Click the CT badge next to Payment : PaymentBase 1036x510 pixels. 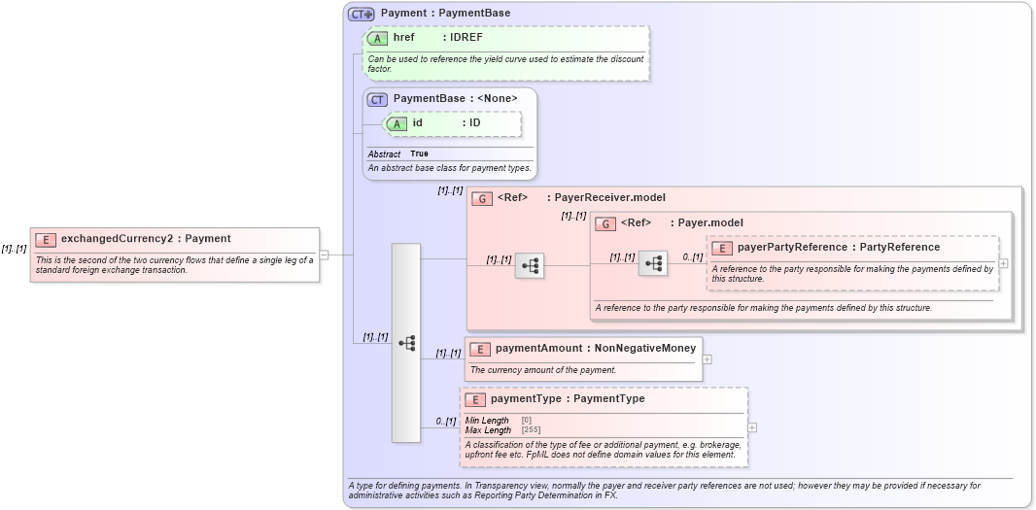click(x=362, y=14)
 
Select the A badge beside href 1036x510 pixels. click(x=377, y=38)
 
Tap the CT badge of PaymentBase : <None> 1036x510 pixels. click(x=377, y=99)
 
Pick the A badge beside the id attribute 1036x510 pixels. click(x=397, y=123)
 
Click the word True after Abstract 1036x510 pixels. click(x=419, y=153)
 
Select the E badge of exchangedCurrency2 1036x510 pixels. click(x=45, y=239)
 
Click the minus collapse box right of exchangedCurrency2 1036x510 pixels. click(x=324, y=255)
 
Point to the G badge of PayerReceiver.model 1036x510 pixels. click(x=481, y=198)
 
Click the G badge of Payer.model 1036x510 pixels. click(x=604, y=223)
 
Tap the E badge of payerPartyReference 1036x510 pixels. click(x=721, y=248)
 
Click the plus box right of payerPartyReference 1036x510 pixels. click(x=1003, y=263)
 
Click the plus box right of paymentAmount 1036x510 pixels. click(x=707, y=359)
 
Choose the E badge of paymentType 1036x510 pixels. click(x=475, y=399)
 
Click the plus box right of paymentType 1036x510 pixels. click(x=752, y=427)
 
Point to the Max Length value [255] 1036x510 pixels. click(x=531, y=429)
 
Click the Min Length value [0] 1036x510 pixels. click(x=527, y=420)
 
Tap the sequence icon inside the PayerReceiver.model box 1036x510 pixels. click(x=530, y=264)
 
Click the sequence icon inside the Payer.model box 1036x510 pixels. click(x=653, y=263)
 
